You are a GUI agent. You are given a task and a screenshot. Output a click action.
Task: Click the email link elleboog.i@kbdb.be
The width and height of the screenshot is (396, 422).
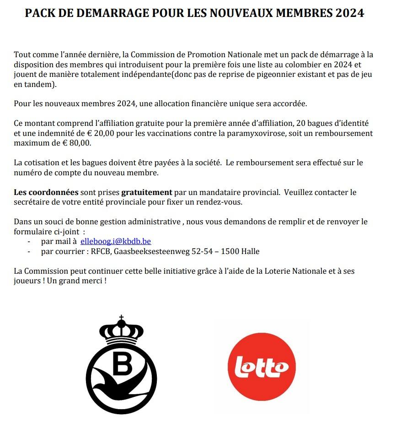[115, 241]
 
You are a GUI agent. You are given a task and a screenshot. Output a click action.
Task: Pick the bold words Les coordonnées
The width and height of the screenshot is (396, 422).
[46, 192]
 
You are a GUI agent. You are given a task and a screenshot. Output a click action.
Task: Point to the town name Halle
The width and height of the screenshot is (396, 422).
[250, 251]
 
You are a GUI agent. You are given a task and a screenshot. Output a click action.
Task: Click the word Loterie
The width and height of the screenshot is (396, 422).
[277, 271]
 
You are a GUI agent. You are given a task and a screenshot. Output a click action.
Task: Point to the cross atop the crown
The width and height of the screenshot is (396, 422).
[121, 318]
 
